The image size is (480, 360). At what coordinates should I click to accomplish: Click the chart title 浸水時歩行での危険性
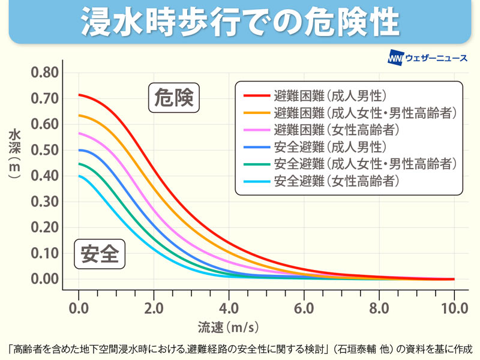point(240,22)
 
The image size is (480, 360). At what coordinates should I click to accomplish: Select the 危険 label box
point(173,98)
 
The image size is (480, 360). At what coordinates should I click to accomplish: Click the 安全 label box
point(99,255)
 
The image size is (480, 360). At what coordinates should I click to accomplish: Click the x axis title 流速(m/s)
point(229,328)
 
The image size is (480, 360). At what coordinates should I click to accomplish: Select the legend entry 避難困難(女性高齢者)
point(336,130)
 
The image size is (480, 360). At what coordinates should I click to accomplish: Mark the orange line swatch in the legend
point(256,113)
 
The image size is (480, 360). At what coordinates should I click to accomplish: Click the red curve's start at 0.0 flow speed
point(79,95)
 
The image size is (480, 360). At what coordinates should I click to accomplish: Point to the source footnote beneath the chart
point(240,348)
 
